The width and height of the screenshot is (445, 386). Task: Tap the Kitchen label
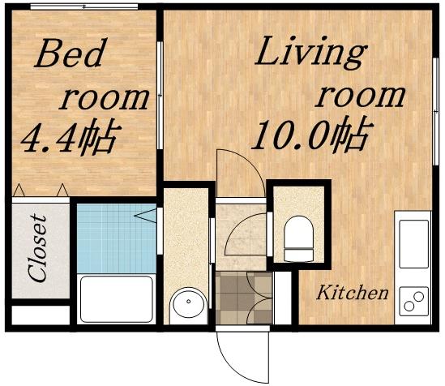tap(353, 293)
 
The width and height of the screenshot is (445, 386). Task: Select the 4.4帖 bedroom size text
tap(70, 138)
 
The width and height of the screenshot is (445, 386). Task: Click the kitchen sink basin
tap(413, 243)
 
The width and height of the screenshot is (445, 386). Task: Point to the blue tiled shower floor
tap(115, 238)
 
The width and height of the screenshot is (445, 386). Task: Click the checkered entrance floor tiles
tap(244, 298)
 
